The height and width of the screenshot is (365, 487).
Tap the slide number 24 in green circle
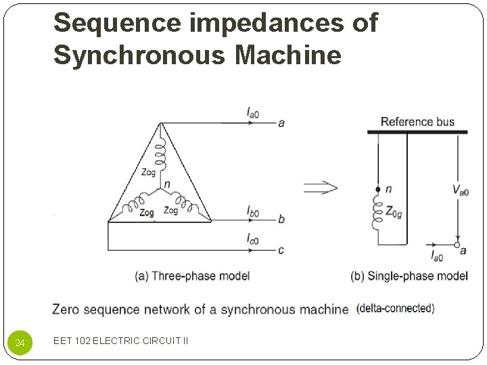click(x=20, y=343)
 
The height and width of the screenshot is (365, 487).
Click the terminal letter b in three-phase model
click(x=281, y=220)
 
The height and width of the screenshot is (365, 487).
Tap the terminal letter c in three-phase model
click(x=281, y=250)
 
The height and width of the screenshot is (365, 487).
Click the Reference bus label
click(x=417, y=122)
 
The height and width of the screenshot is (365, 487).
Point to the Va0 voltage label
click(x=461, y=190)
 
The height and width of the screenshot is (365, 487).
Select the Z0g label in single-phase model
click(x=393, y=214)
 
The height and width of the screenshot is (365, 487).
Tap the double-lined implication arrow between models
click(x=320, y=187)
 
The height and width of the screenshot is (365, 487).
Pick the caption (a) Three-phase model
click(x=193, y=275)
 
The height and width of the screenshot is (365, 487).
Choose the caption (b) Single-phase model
click(x=409, y=276)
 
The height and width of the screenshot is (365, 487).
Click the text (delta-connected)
click(x=395, y=308)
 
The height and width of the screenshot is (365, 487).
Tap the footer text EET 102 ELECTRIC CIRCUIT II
click(x=121, y=341)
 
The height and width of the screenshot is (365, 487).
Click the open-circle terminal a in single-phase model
click(x=457, y=245)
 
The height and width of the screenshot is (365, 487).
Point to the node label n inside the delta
click(x=166, y=185)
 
